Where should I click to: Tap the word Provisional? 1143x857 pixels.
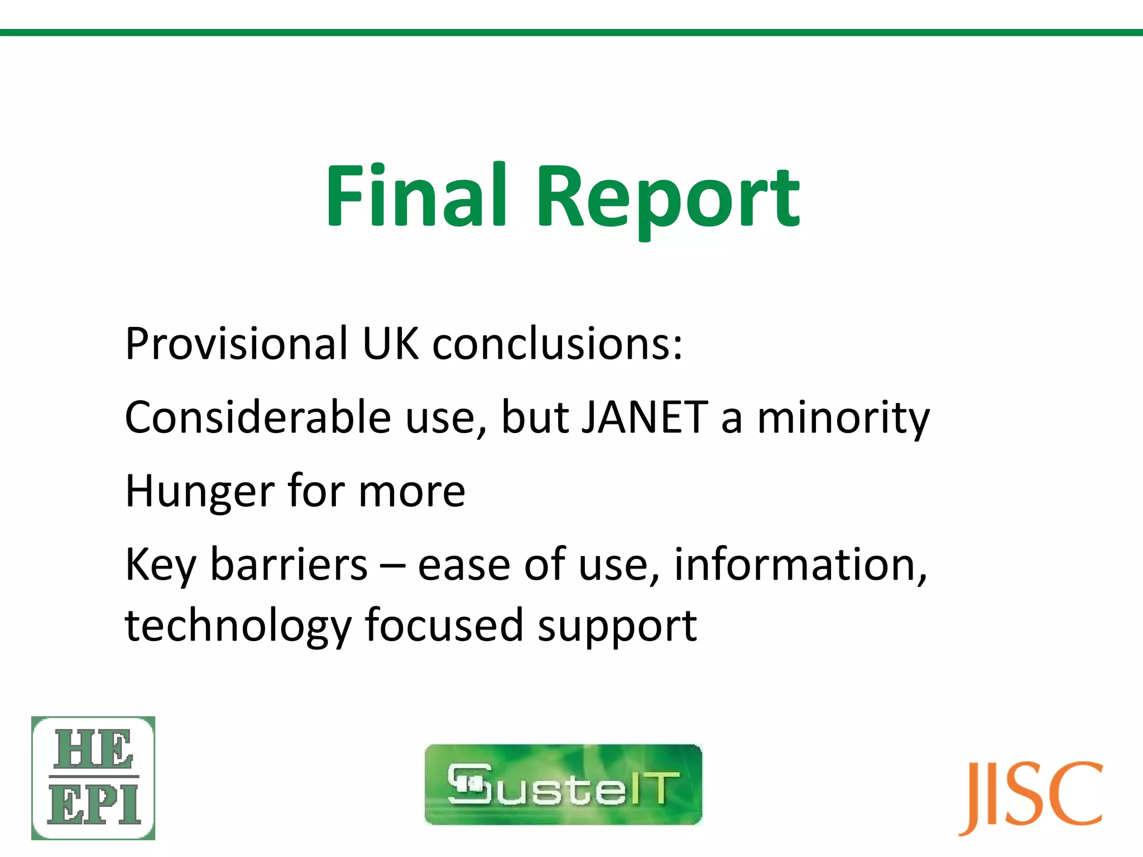236,343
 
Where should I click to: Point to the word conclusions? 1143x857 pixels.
557,343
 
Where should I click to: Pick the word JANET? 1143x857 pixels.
645,417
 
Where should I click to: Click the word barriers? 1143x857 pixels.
289,565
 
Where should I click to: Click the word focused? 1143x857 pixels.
444,625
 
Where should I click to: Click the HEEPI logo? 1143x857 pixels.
93,778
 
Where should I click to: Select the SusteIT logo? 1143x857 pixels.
563,784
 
